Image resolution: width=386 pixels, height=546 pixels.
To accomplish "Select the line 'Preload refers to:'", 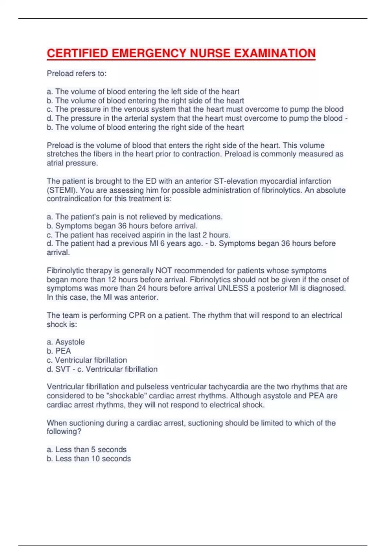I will [77, 74].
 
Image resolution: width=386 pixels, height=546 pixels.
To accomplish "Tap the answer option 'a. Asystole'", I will [66, 342].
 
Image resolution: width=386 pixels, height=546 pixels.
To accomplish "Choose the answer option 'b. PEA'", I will [59, 351].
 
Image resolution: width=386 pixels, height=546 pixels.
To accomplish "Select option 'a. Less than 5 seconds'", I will [87, 449].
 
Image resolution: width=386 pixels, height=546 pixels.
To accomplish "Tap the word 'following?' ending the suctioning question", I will [64, 431].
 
